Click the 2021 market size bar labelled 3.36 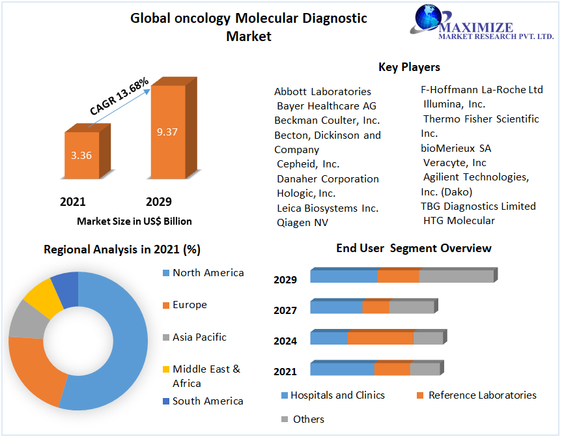click(81, 155)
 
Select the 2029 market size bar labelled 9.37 click(167, 132)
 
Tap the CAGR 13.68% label click(119, 97)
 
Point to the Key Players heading click(409, 67)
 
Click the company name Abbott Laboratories click(322, 91)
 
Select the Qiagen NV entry click(302, 223)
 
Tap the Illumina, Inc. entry click(454, 104)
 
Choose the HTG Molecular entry click(458, 221)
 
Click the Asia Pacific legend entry click(199, 337)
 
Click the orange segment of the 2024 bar click(380, 338)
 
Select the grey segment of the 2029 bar click(456, 276)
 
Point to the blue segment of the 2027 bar click(336, 307)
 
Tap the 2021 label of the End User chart click(285, 371)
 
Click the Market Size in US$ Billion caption click(134, 221)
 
